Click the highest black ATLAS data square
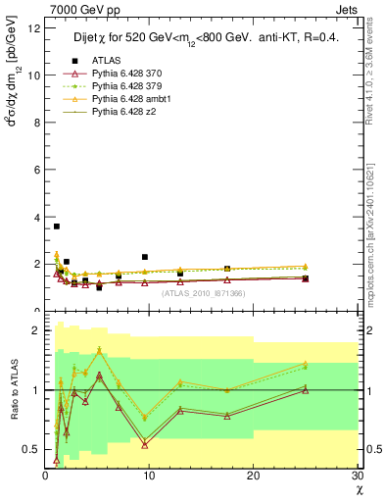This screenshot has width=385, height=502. pyautogui.click(x=57, y=226)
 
